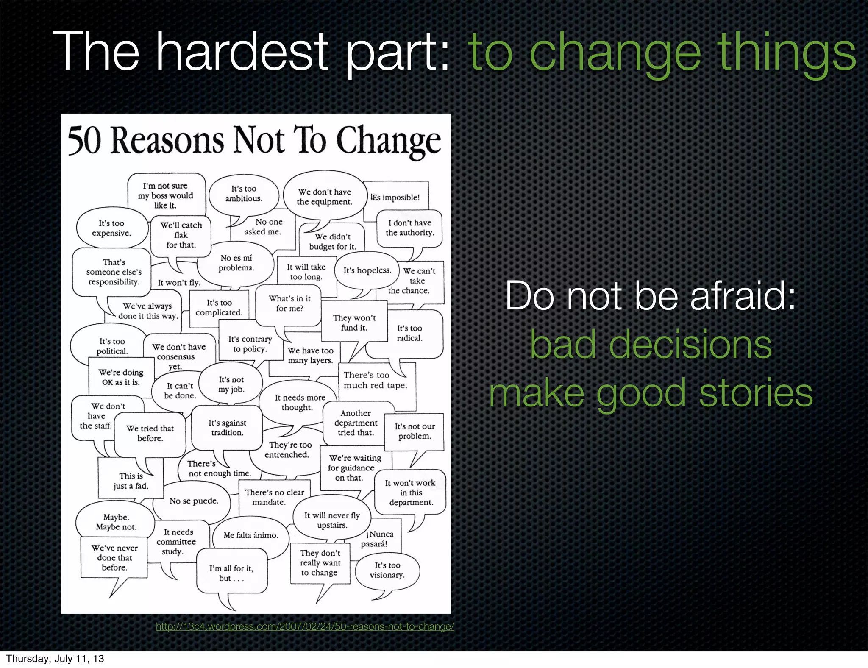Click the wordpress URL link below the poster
click(x=305, y=626)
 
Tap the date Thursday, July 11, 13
click(x=55, y=659)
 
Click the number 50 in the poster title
click(x=84, y=141)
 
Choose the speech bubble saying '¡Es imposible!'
click(x=395, y=198)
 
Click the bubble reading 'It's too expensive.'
click(x=112, y=228)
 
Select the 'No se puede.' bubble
click(x=194, y=501)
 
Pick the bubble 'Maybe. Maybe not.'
click(x=116, y=522)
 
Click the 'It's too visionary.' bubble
click(x=387, y=571)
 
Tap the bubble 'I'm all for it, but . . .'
click(x=231, y=573)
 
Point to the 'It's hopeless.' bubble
click(x=367, y=270)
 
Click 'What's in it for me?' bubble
click(x=289, y=303)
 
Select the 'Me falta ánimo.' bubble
click(x=250, y=535)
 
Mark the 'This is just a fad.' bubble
click(x=131, y=481)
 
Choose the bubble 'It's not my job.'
click(x=231, y=384)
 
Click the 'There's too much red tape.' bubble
click(x=375, y=380)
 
